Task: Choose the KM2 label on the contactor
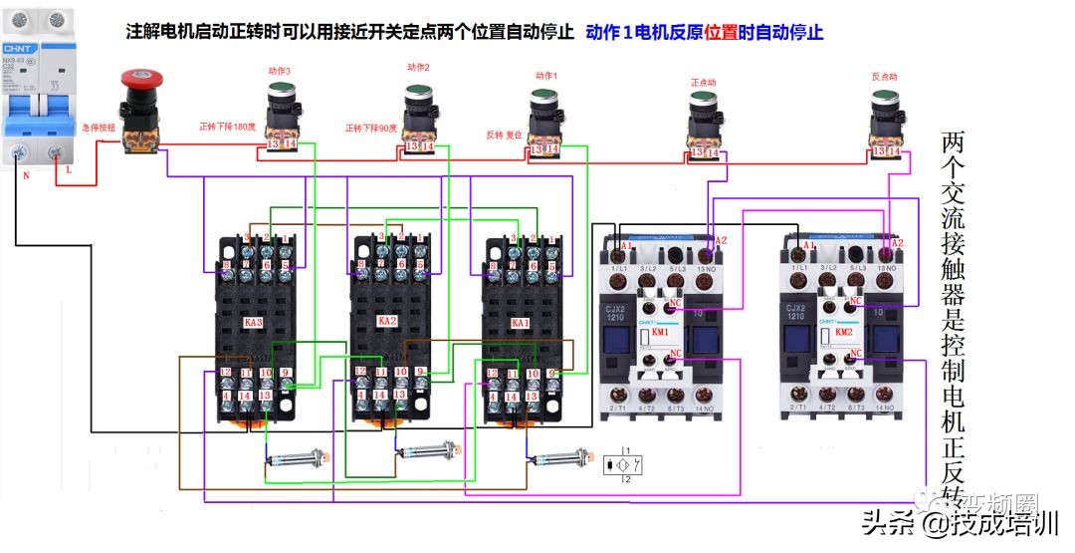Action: pyautogui.click(x=843, y=331)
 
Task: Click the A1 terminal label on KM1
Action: pyautogui.click(x=627, y=245)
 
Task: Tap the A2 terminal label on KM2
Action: pyautogui.click(x=897, y=243)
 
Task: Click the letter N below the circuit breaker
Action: pyautogui.click(x=25, y=173)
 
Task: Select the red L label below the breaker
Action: pyautogui.click(x=68, y=170)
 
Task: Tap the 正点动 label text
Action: pyautogui.click(x=704, y=82)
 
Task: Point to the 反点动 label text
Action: pyautogui.click(x=884, y=76)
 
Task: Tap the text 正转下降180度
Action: pyautogui.click(x=227, y=127)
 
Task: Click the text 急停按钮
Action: pyautogui.click(x=99, y=128)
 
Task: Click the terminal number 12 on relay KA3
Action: pyautogui.click(x=226, y=372)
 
